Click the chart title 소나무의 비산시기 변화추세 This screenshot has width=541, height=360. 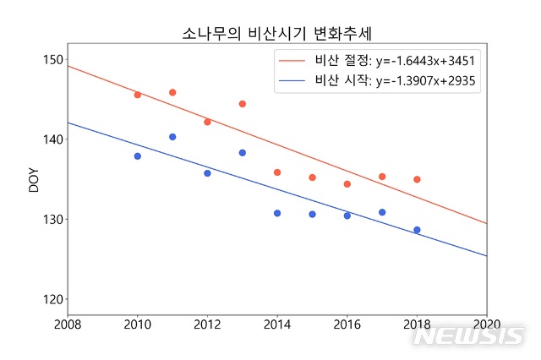278,33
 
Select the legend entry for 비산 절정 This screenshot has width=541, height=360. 379,61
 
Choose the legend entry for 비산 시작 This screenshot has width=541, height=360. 379,82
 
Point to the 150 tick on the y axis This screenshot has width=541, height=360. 52,59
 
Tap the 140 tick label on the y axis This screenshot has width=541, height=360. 52,139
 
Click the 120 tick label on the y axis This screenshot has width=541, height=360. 52,299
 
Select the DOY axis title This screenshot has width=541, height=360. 34,179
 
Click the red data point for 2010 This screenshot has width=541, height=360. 138,95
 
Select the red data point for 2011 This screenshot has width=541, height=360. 172,92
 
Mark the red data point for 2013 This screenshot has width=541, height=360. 243,104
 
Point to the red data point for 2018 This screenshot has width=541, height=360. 417,179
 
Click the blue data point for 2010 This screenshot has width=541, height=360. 138,156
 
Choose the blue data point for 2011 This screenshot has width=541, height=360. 172,137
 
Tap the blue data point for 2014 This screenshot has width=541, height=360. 277,213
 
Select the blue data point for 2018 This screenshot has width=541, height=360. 417,230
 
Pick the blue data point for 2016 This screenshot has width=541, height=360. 347,215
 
